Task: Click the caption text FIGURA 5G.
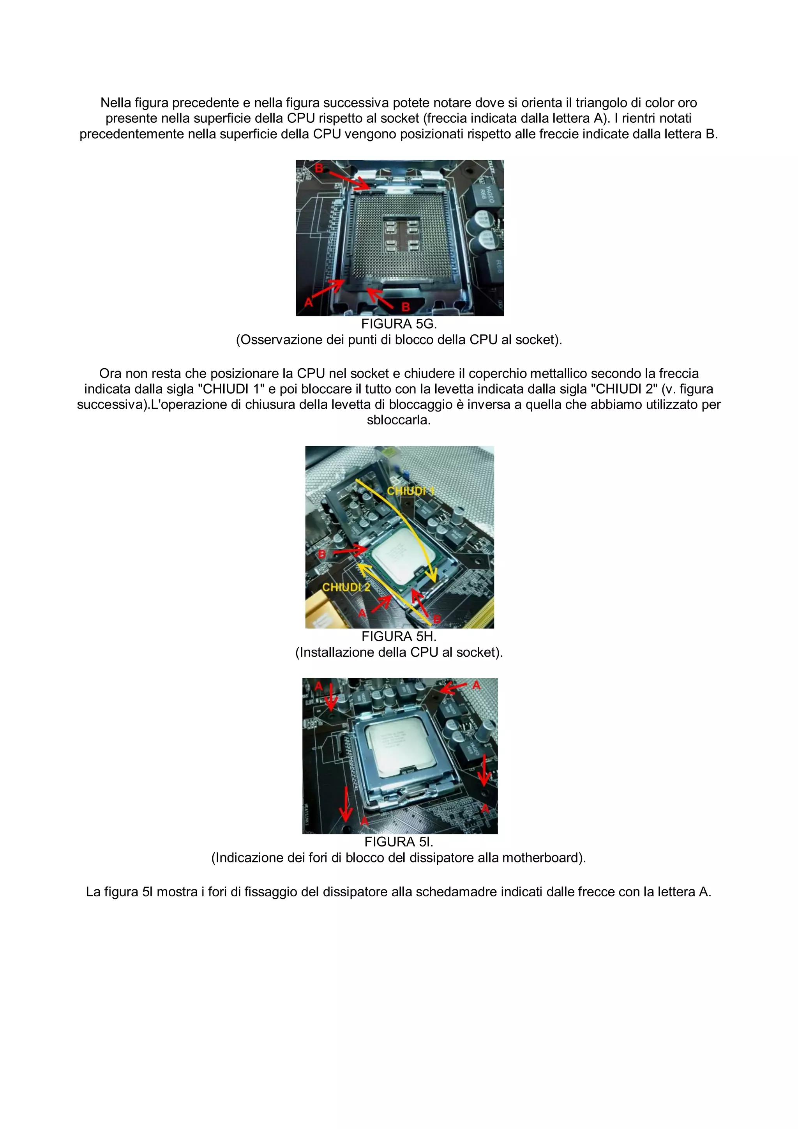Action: click(399, 324)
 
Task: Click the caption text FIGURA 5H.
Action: click(399, 636)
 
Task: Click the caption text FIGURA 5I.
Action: click(399, 842)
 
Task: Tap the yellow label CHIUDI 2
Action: click(346, 587)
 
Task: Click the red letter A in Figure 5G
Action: click(308, 302)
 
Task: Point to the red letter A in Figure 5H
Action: click(362, 613)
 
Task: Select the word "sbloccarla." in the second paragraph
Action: click(399, 420)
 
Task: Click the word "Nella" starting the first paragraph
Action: click(116, 103)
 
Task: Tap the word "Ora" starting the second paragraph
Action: click(111, 373)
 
